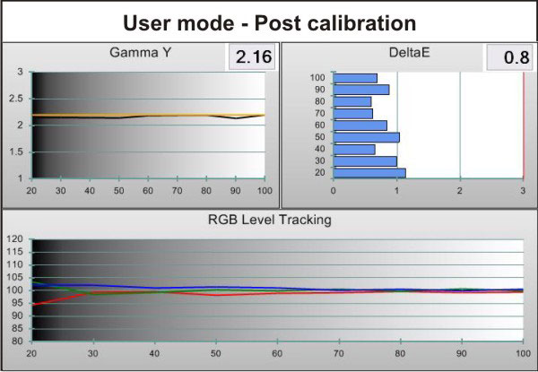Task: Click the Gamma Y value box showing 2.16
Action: [x=252, y=56]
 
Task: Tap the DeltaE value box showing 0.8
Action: [x=510, y=56]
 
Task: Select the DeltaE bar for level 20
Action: [x=369, y=173]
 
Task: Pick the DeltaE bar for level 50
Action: [x=366, y=137]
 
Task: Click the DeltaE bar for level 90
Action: [x=361, y=90]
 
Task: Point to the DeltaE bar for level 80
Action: [x=352, y=102]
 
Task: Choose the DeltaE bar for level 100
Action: [x=355, y=78]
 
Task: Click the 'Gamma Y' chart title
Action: [x=141, y=53]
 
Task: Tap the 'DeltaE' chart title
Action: [x=410, y=53]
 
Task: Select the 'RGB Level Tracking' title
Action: [x=270, y=220]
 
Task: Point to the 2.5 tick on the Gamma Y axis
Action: [x=15, y=99]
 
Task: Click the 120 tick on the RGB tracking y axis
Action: [x=14, y=239]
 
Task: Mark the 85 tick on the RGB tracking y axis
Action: [x=17, y=328]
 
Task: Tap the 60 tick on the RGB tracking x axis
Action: [x=277, y=353]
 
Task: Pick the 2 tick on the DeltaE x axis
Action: [x=460, y=190]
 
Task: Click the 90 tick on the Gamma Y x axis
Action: [x=235, y=190]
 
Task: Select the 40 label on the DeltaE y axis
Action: [x=320, y=149]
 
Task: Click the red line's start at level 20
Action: [x=32, y=305]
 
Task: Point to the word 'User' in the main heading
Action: [x=149, y=23]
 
